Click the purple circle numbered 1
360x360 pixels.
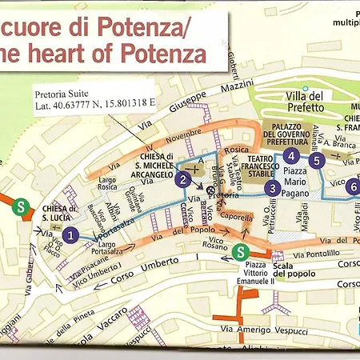point(71,234)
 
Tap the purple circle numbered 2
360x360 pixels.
point(184,180)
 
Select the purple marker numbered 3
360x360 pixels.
point(274,189)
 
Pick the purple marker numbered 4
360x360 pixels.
point(292,155)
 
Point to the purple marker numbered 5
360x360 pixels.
point(318,160)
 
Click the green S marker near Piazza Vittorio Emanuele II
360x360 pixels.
point(242,253)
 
